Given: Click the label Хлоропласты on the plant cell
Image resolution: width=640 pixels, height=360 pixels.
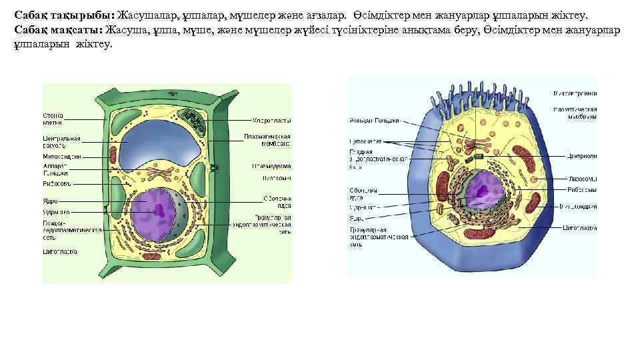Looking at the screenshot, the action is (x=271, y=121).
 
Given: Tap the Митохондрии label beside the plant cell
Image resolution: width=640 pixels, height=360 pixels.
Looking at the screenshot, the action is (x=62, y=157).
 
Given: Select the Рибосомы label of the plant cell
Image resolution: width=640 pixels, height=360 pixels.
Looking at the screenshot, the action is (x=57, y=183).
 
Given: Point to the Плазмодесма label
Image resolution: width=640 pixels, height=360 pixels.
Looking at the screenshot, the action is (x=270, y=166).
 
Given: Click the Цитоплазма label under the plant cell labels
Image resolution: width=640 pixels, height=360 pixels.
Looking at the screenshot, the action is (x=60, y=252).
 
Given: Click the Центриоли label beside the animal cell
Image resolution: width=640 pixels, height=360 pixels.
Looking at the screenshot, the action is (x=582, y=156).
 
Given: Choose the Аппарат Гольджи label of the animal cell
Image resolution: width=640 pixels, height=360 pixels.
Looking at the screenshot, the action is (x=374, y=121).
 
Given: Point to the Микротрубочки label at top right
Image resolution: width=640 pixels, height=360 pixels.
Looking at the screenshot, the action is (x=575, y=93).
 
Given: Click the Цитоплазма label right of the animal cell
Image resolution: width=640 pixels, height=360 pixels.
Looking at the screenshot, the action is (x=580, y=228).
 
